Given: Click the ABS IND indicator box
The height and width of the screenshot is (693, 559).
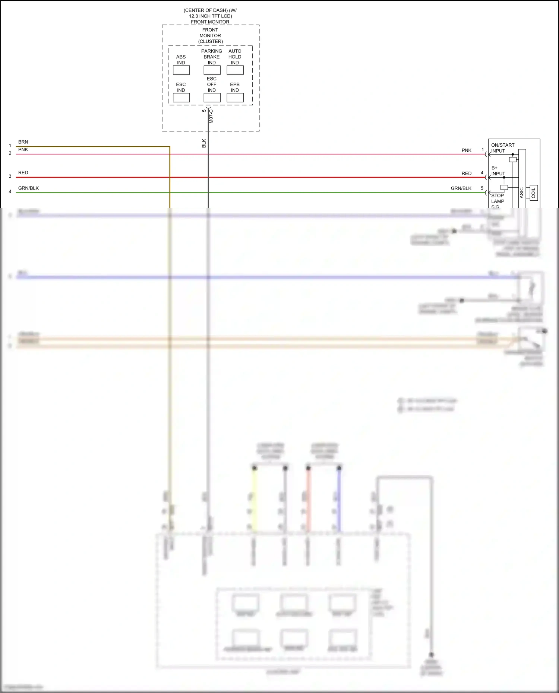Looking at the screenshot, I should pos(181,70).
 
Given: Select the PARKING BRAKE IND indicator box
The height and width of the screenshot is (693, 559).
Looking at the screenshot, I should pos(212,70).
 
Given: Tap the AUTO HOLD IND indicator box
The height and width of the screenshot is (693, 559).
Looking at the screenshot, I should pos(235,70).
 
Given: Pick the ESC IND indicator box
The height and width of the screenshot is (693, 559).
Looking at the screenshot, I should pos(181,98).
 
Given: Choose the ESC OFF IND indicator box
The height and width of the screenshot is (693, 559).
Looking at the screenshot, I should pos(212,98).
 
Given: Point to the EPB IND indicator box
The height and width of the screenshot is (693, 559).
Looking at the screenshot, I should pos(235,98).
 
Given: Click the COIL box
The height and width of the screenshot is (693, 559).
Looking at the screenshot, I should pos(533,193).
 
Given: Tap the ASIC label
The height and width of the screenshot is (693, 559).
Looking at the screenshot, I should pos(522,193).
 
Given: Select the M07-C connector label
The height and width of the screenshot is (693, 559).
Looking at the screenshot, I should pos(211,116).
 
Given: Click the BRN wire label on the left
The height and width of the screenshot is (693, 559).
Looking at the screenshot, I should pos(23,142).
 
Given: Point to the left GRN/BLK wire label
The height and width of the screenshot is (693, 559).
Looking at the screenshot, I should pos(28,188).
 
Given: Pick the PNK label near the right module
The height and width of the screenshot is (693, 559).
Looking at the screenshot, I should pos(467,150).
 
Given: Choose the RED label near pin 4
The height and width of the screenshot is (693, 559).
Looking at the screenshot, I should pos(467,174).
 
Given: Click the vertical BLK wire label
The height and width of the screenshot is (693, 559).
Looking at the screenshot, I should pos(204,143).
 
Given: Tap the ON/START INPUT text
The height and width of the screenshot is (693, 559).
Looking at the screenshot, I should pos(502,148).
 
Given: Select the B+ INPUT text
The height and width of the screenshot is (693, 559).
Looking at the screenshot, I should pos(498,171).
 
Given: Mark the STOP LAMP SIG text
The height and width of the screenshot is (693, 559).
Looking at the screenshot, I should pos(498,201).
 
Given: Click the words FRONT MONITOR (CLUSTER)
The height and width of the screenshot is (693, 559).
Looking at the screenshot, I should pos(210,35).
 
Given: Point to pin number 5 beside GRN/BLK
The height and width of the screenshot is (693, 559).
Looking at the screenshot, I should pos(482,188).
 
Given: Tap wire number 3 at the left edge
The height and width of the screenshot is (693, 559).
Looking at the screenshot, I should pos(10,176).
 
